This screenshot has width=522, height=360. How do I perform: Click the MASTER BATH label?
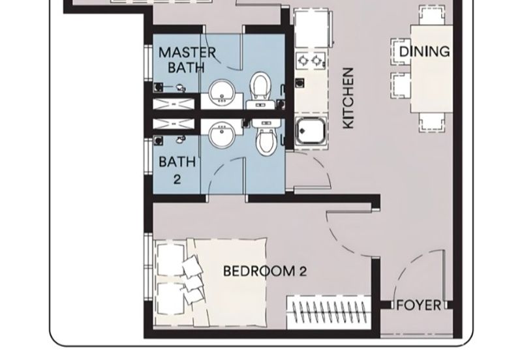[x=187, y=60]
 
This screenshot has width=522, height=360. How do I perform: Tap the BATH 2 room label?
[x=177, y=170]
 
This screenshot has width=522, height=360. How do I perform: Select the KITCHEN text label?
[x=348, y=98]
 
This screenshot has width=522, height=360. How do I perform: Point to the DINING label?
[x=425, y=52]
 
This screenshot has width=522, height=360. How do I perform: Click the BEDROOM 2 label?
[x=265, y=271]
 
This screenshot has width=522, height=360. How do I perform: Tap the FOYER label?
[x=419, y=305]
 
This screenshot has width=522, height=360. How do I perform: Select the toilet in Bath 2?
[x=266, y=137]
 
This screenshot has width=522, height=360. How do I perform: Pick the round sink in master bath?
[x=222, y=91]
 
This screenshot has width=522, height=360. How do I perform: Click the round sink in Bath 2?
[x=222, y=134]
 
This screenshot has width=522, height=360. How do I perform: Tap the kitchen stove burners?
[x=311, y=61]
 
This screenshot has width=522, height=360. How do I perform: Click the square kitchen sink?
[x=311, y=131]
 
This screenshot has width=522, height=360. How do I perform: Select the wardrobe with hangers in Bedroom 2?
[x=329, y=312]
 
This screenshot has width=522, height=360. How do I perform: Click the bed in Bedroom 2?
[x=211, y=282]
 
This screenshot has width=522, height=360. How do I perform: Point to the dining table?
[x=432, y=69]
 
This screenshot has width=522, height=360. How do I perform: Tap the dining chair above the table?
[x=431, y=15]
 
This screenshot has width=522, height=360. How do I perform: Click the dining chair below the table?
[x=432, y=123]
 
